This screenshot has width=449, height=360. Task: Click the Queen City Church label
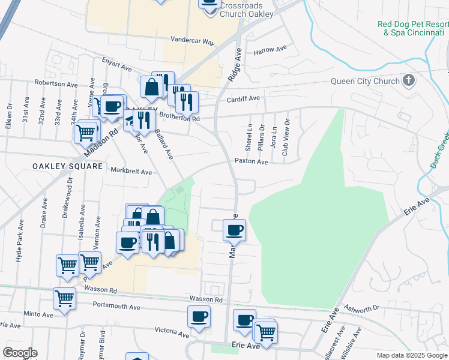click(366, 82)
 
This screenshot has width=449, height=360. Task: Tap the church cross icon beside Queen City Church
click(409, 81)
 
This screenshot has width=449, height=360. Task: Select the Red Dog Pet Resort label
click(412, 28)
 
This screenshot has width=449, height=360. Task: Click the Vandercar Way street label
click(192, 42)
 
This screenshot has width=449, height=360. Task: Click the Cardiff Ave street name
click(243, 98)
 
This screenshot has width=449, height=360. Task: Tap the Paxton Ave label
click(251, 161)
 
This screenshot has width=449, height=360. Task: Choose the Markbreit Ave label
click(131, 171)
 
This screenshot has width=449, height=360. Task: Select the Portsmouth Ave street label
click(116, 307)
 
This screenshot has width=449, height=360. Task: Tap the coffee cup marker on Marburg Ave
click(235, 229)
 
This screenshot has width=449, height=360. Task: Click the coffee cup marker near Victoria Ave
click(199, 316)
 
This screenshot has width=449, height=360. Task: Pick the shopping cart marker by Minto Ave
click(64, 298)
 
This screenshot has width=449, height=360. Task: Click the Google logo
click(20, 353)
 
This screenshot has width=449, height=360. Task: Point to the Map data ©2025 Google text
click(411, 355)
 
